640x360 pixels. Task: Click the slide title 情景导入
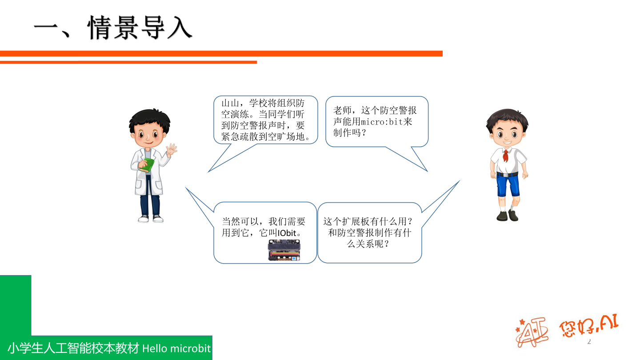[x=140, y=28]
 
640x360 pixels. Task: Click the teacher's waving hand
[x=172, y=149]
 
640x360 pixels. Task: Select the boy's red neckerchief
[x=506, y=155]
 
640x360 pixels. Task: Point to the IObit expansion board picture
[x=284, y=250]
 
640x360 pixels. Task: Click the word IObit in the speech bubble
[x=287, y=233]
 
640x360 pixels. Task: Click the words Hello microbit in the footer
[x=176, y=348]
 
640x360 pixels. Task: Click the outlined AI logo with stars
[x=532, y=332]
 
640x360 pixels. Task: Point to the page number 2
[x=589, y=341]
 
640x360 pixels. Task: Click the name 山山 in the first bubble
[x=230, y=103]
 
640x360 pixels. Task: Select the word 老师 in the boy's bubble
[x=342, y=110]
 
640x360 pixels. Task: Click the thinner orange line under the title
[x=128, y=62]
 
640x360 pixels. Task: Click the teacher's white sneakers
[x=151, y=219]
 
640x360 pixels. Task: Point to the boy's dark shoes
[x=508, y=216]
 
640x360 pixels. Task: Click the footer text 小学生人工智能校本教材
[x=73, y=348]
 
